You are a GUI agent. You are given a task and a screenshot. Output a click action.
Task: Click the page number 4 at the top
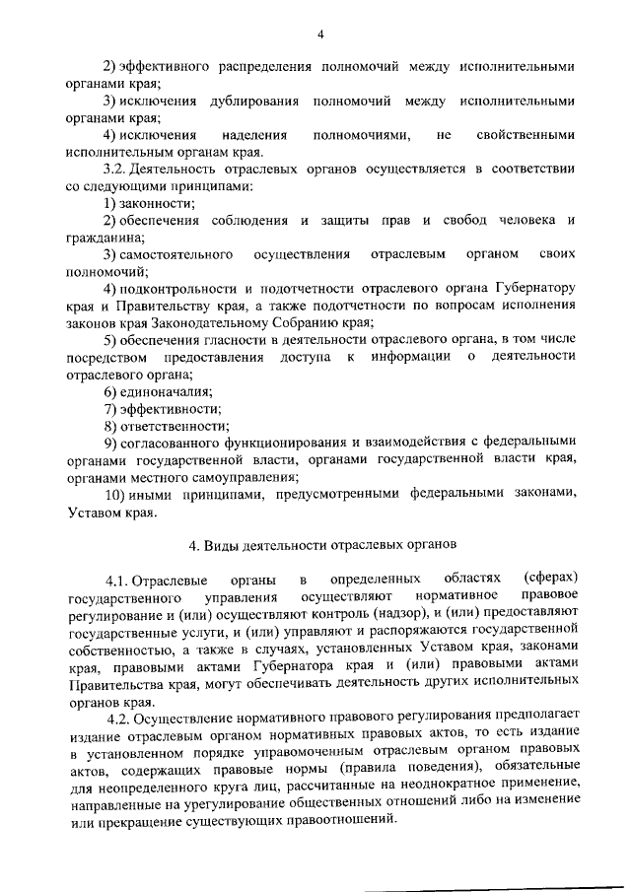point(321,34)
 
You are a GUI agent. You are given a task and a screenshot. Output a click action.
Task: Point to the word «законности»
point(158,203)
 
